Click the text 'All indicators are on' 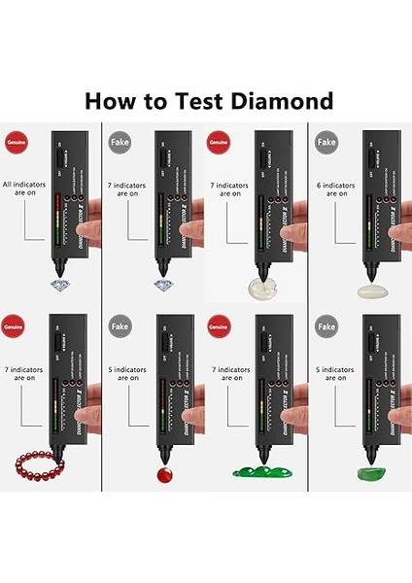pos(28,187)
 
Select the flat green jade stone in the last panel pos(369,473)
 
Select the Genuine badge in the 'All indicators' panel pos(17,142)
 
